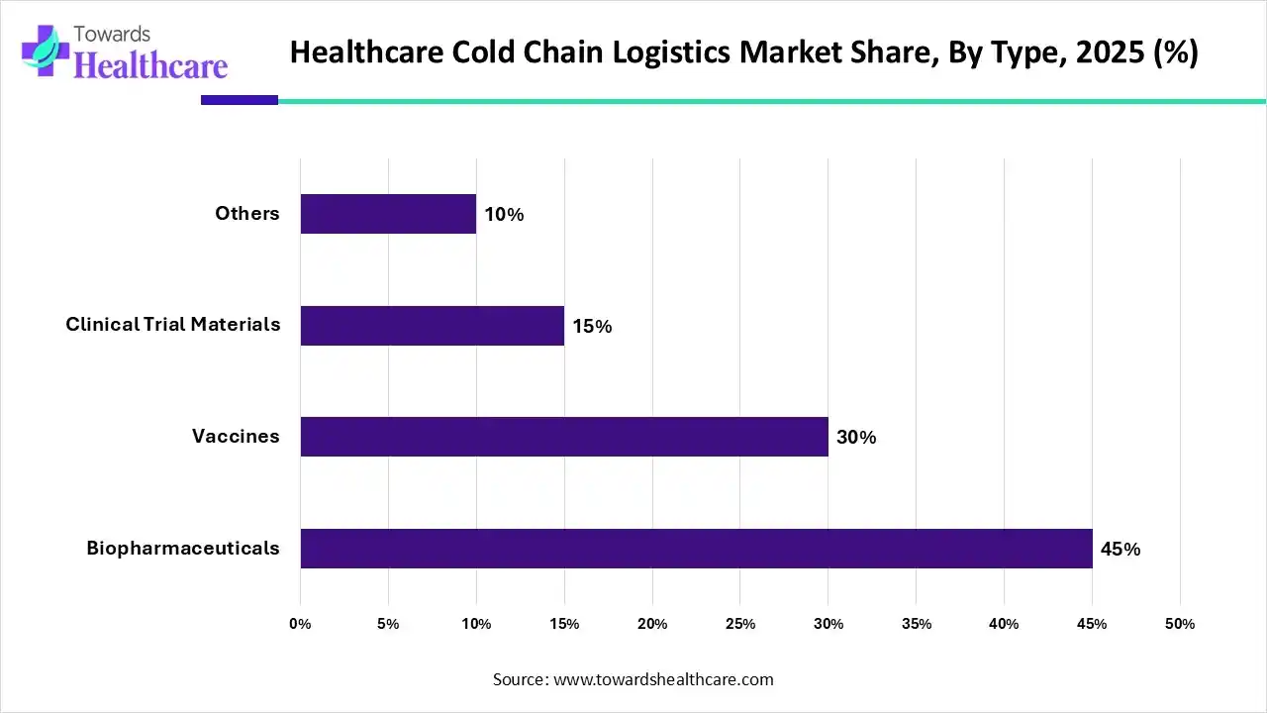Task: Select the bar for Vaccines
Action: (564, 437)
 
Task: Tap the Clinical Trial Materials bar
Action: (432, 325)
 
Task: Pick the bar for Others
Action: (388, 214)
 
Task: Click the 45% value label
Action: (1121, 550)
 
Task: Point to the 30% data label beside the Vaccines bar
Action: (856, 438)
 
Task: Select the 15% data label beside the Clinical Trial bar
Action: (592, 326)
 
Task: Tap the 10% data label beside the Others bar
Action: (504, 215)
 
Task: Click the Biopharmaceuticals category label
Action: (183, 549)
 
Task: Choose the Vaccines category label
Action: (236, 437)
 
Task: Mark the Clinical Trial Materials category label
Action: (173, 325)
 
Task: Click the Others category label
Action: (247, 214)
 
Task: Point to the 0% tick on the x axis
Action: (300, 624)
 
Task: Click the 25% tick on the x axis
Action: (740, 624)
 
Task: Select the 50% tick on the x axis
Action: (1180, 624)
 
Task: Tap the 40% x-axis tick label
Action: (1004, 624)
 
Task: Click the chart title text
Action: (743, 51)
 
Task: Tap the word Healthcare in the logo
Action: (150, 65)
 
